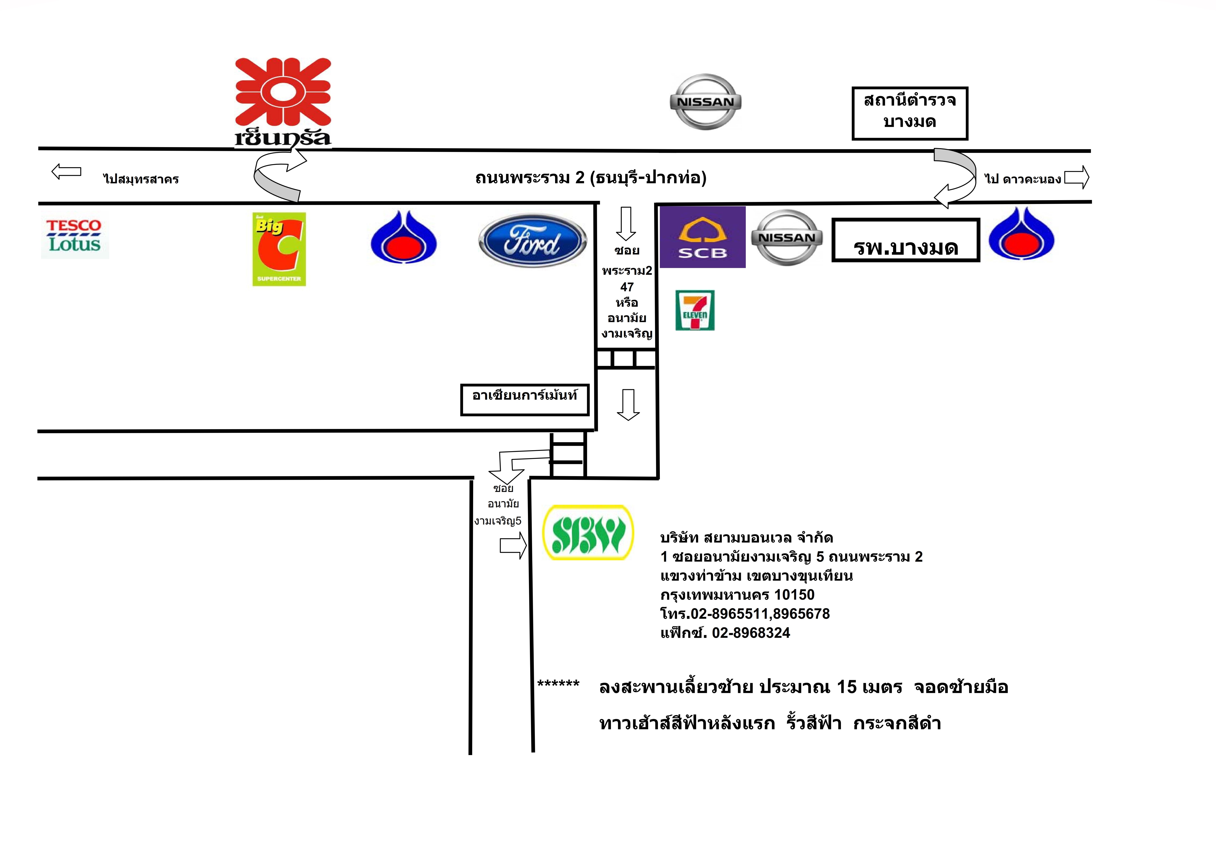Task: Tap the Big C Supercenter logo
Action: pyautogui.click(x=279, y=249)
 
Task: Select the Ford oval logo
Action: pyautogui.click(x=532, y=241)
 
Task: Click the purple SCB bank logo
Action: pyautogui.click(x=702, y=237)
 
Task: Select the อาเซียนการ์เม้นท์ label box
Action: pyautogui.click(x=524, y=400)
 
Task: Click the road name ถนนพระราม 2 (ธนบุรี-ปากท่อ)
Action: pyautogui.click(x=591, y=178)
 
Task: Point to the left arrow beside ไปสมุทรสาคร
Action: pyautogui.click(x=66, y=172)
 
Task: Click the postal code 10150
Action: pyautogui.click(x=794, y=595)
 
